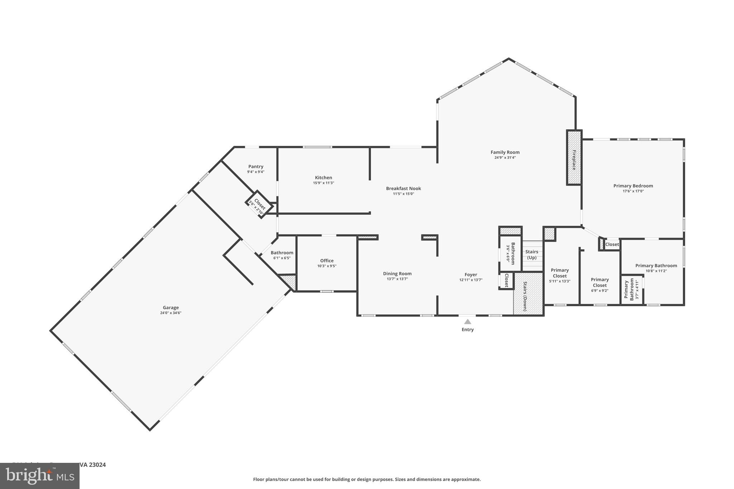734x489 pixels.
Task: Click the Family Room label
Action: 505,152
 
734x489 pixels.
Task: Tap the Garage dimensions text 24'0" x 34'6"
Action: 171,313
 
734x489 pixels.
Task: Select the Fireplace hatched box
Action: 574,158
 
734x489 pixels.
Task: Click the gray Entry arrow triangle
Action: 467,322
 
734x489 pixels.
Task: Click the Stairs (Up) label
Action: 532,255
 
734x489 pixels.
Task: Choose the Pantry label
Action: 256,167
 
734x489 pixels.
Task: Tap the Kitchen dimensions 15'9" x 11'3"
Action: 323,183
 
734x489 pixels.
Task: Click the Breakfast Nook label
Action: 403,188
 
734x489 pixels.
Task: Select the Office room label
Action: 327,261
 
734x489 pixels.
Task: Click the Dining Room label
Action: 397,274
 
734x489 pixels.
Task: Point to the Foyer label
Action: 471,275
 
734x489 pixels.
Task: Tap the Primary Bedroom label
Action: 633,186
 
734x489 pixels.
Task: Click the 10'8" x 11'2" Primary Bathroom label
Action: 656,266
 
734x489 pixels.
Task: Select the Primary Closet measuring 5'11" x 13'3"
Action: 559,273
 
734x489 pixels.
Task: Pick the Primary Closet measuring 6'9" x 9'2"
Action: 600,283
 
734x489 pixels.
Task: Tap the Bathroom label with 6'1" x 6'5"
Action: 282,253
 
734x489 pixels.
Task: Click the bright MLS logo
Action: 39,476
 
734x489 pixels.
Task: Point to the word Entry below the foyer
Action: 467,330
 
